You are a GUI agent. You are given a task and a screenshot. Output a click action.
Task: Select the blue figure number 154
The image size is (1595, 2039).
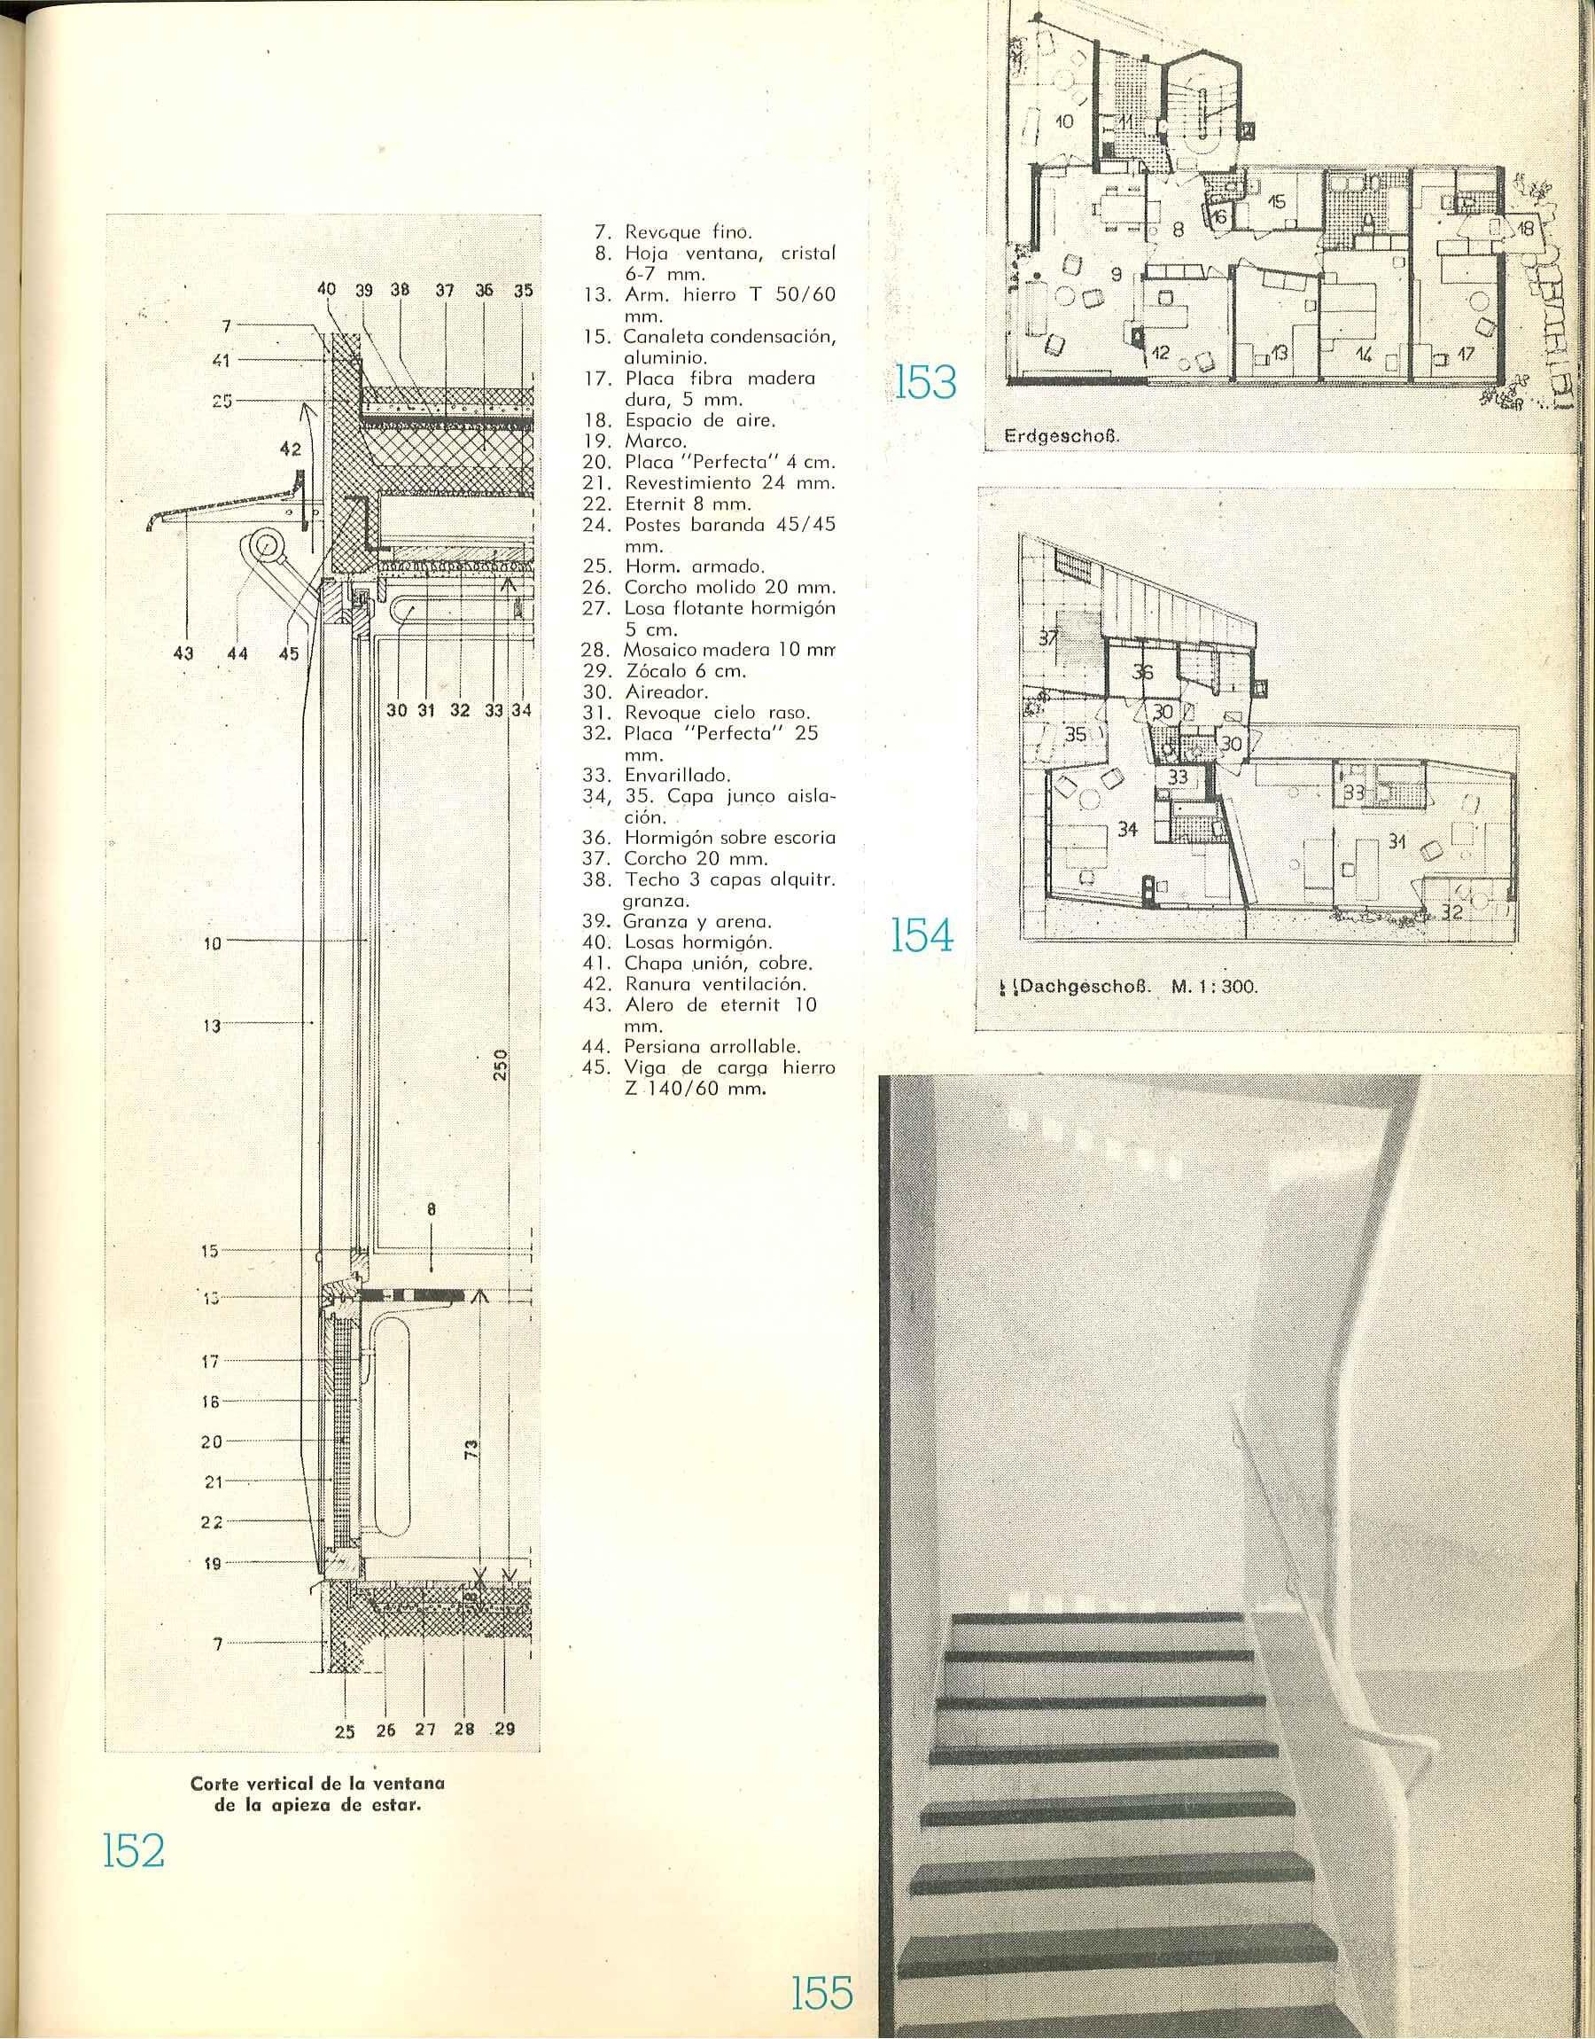click(922, 935)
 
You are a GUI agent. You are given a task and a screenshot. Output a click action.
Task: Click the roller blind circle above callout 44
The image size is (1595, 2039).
click(268, 544)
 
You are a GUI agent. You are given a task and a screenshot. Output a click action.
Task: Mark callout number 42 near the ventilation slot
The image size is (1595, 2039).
click(291, 449)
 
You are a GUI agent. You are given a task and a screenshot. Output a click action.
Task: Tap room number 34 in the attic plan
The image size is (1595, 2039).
click(1127, 830)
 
